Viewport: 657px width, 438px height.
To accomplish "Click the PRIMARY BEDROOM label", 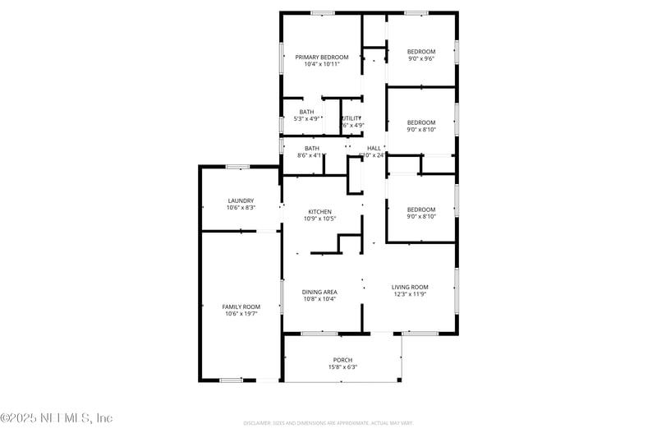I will tap(322, 57).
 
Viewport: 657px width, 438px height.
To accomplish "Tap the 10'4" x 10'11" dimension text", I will tap(322, 64).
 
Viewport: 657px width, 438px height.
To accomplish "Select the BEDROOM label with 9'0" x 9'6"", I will tap(421, 51).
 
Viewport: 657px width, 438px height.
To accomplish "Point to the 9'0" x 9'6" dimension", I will tap(421, 58).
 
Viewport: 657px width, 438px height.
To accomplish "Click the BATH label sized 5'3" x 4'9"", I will tap(306, 112).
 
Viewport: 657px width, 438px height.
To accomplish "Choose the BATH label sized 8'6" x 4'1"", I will tap(312, 148).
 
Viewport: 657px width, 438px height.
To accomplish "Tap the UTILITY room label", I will tap(351, 118).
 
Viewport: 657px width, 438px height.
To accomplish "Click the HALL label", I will tap(374, 148).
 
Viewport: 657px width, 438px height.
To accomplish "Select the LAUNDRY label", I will tap(241, 201).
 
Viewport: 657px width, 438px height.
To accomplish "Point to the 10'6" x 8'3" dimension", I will tap(241, 208).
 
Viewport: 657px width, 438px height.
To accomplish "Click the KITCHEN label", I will tap(319, 211).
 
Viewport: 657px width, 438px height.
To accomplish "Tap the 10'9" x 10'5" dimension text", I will tap(319, 219).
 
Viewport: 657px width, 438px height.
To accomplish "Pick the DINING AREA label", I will tap(319, 292).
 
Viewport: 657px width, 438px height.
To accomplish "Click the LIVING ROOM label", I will tap(410, 287).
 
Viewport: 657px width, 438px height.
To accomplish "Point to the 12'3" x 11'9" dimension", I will tap(410, 294).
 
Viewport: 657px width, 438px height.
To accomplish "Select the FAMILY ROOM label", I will tap(241, 307).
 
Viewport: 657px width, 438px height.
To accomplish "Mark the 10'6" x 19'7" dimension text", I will tap(241, 314).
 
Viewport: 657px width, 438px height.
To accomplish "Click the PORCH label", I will tap(342, 360).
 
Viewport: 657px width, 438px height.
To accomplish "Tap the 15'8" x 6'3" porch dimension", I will tap(342, 367).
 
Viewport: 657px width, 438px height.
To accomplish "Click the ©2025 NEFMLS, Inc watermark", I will tap(57, 418).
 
